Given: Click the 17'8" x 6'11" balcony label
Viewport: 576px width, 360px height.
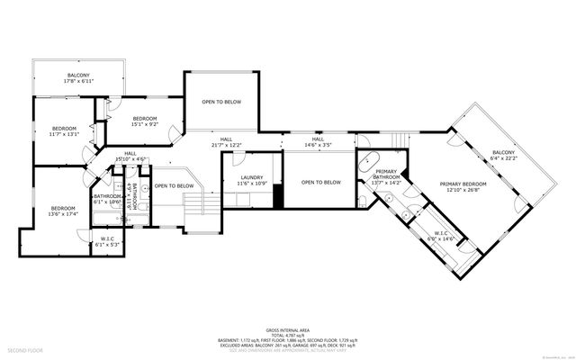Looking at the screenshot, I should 77,78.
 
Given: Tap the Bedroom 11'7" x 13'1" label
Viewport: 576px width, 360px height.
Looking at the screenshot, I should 64,131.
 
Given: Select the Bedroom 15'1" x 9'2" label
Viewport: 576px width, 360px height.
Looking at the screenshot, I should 146,122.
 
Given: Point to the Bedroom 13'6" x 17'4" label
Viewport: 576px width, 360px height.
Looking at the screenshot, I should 64,211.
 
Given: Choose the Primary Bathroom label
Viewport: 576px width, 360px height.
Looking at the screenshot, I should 386,178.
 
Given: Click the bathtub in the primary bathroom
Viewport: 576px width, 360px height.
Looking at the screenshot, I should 370,163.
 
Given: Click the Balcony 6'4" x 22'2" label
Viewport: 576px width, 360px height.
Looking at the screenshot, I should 503,156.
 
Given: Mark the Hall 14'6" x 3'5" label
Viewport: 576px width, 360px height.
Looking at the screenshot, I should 318,141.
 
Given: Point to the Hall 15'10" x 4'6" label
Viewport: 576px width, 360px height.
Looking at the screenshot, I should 130,156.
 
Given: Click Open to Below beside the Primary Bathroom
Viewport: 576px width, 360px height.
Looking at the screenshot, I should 320,183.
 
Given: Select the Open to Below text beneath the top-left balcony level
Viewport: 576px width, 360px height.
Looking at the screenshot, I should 221,102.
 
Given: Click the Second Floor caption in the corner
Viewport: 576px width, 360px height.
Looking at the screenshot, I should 25,349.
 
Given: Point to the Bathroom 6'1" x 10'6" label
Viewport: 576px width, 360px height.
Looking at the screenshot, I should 106,199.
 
